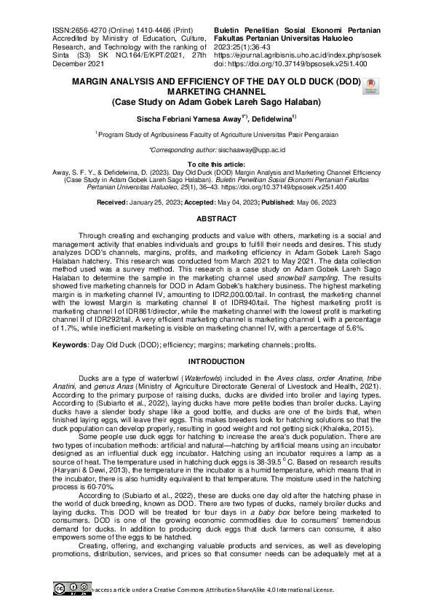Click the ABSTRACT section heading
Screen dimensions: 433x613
tap(216, 218)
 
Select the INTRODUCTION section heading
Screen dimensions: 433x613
tap(216, 361)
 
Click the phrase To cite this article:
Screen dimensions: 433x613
tap(216, 165)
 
